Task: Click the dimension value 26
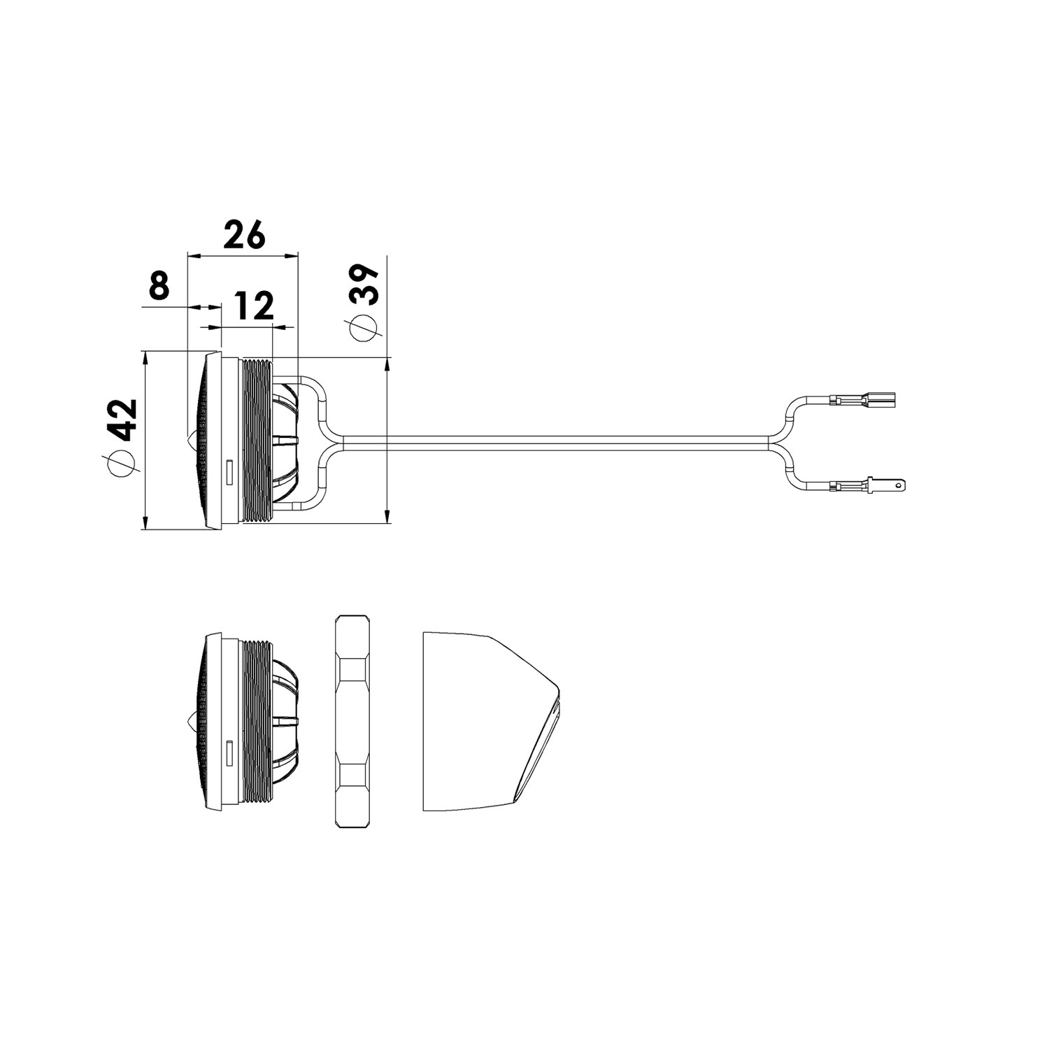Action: coord(244,235)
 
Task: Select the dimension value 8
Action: coord(159,286)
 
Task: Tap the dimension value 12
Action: coord(253,306)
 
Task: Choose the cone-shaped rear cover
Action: coord(490,722)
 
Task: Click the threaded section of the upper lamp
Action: coord(256,440)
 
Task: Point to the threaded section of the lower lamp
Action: coord(256,722)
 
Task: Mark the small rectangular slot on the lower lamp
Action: coord(229,750)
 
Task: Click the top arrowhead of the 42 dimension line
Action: coord(145,358)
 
